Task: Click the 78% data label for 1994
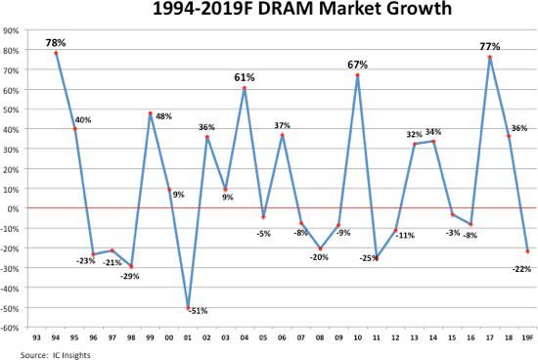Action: tap(56, 42)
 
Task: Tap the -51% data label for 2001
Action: tap(199, 311)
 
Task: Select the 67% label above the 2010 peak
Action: tap(357, 65)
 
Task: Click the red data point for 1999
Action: tap(151, 113)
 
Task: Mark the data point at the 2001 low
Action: tap(188, 308)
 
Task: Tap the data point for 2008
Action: tap(320, 248)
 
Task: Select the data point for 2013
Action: tap(415, 144)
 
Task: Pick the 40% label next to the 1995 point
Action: tap(84, 120)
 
